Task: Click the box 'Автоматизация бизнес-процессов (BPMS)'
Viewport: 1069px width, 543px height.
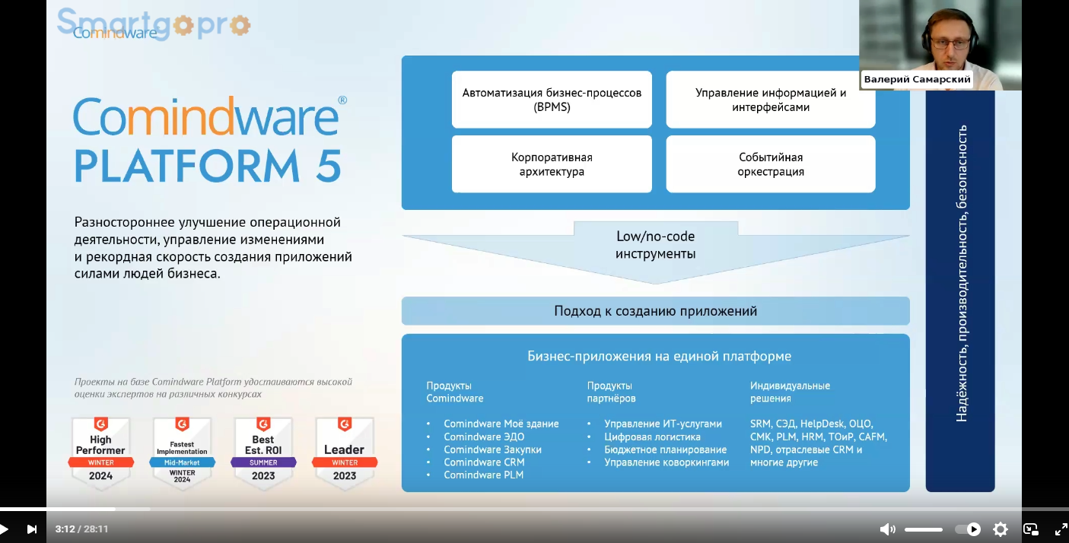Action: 552,100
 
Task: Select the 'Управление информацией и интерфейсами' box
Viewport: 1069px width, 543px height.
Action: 771,100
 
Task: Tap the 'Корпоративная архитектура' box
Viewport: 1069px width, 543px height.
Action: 552,164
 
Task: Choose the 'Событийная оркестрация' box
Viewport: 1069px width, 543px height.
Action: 771,164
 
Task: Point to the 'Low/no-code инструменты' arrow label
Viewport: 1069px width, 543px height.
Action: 655,245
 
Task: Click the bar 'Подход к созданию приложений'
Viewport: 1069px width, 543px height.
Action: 655,311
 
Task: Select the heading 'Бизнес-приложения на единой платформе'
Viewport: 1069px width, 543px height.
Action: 659,356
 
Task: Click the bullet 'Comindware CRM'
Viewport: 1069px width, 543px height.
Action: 484,462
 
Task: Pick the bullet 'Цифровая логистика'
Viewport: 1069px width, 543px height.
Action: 652,437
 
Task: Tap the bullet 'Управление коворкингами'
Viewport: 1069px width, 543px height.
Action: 667,462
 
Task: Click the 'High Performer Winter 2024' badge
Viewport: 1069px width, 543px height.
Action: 101,452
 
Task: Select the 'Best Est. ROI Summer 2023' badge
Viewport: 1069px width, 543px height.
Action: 263,452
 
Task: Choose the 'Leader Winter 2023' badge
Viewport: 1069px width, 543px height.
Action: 345,452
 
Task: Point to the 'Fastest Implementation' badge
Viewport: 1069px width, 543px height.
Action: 183,452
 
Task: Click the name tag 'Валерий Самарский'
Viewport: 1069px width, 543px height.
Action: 917,79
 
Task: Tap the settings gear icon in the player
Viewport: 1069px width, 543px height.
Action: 1001,529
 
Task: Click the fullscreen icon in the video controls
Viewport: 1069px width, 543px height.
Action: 1061,529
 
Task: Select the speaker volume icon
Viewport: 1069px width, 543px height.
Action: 887,529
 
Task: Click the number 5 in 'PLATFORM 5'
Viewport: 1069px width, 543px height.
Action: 329,165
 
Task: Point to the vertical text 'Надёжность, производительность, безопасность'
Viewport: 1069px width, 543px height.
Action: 961,274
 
